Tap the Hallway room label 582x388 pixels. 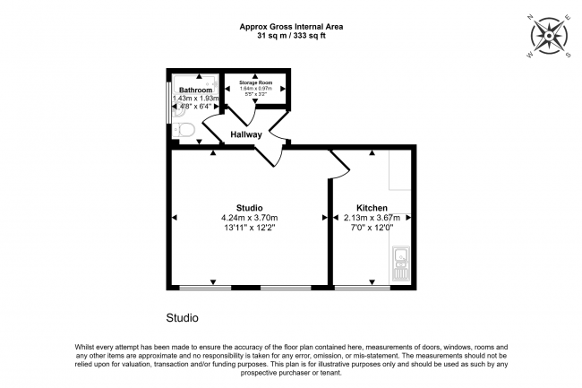pos(246,135)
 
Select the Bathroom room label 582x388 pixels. pos(194,91)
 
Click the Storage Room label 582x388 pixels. pos(254,82)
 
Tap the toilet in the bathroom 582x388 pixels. pos(185,132)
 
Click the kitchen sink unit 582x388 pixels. pos(400,265)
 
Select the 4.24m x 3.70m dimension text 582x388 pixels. pos(250,218)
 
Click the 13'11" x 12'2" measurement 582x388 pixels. pos(250,228)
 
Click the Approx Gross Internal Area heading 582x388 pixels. pos(291,27)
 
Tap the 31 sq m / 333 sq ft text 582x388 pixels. pos(291,37)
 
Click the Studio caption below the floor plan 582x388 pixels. pos(182,318)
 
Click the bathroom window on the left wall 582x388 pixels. pos(169,103)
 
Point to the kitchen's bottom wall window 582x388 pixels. pos(362,288)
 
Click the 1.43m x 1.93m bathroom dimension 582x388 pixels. pos(194,99)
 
